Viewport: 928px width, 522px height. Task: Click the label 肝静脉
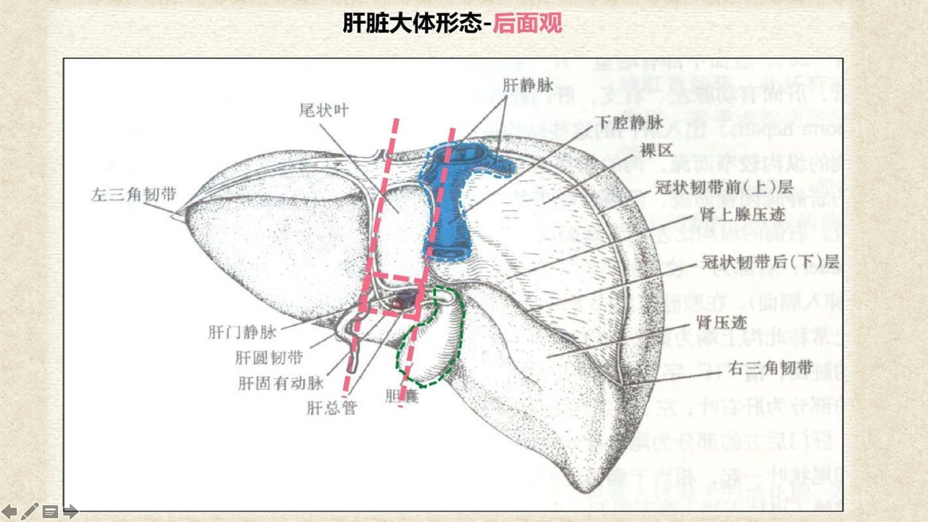pyautogui.click(x=529, y=85)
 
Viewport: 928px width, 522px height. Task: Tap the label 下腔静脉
pyautogui.click(x=629, y=122)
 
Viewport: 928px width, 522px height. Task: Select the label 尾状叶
pyautogui.click(x=323, y=110)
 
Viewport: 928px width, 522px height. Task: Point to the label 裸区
pyautogui.click(x=656, y=151)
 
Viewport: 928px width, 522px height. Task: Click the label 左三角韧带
pyautogui.click(x=134, y=195)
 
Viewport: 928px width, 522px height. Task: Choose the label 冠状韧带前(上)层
pyautogui.click(x=723, y=187)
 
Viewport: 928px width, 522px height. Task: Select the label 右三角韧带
pyautogui.click(x=769, y=368)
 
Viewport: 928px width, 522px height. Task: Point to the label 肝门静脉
pyautogui.click(x=242, y=332)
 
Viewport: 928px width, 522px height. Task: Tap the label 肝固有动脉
pyautogui.click(x=281, y=383)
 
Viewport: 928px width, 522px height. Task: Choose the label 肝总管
pyautogui.click(x=331, y=407)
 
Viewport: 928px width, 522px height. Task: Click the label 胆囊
pyautogui.click(x=402, y=396)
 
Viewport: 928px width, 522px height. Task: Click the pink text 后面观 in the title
pyautogui.click(x=527, y=24)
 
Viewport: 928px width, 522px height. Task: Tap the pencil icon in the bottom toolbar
pyautogui.click(x=30, y=512)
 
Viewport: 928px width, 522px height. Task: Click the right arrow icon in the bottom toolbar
pyautogui.click(x=70, y=512)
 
